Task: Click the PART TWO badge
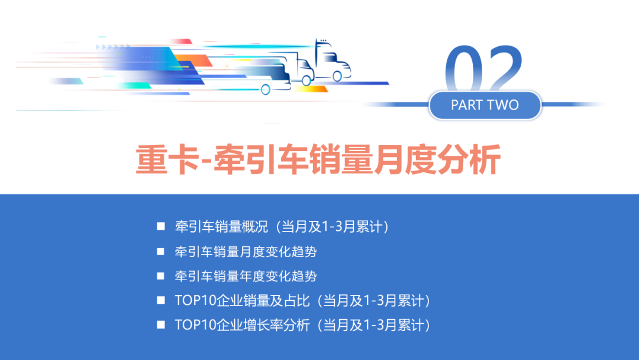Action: click(x=485, y=105)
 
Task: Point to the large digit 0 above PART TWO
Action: click(x=465, y=70)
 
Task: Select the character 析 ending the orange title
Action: click(x=486, y=160)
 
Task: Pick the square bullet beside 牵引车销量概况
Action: click(x=160, y=226)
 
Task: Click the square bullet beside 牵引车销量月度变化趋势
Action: click(x=160, y=251)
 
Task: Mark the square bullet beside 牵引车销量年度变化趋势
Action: click(x=160, y=276)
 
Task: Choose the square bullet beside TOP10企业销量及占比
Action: click(x=160, y=300)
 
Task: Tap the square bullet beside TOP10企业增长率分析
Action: click(x=160, y=324)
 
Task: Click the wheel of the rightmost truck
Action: click(x=338, y=76)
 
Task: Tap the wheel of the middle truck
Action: click(x=306, y=81)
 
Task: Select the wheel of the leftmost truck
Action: click(x=266, y=89)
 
